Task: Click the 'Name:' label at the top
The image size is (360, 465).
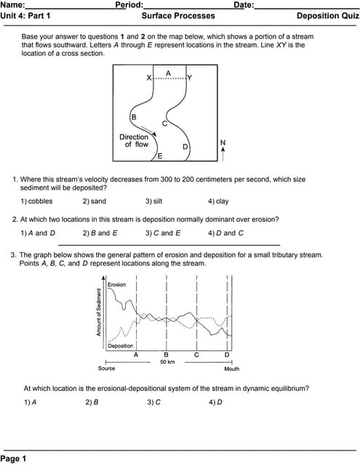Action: (12, 5)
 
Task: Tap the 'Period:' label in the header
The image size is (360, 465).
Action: (129, 5)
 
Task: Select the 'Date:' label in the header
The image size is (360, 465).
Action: (244, 5)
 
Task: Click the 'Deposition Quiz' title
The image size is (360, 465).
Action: (327, 15)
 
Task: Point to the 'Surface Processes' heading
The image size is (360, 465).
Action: (178, 15)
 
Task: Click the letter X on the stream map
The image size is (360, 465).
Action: (149, 78)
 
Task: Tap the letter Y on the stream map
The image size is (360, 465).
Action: (190, 78)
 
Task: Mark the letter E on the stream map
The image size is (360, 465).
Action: (160, 156)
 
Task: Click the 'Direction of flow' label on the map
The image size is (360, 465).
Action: (135, 140)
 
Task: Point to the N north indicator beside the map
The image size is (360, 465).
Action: (223, 142)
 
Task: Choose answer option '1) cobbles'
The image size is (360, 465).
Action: (36, 201)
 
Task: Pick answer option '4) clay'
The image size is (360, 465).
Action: (218, 201)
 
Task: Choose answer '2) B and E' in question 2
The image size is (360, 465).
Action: (100, 233)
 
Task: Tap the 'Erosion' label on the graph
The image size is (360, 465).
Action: (116, 285)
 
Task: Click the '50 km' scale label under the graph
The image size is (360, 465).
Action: (167, 361)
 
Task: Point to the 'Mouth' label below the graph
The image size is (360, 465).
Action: (231, 369)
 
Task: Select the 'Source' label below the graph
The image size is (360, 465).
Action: (106, 369)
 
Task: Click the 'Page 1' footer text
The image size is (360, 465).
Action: (14, 458)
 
